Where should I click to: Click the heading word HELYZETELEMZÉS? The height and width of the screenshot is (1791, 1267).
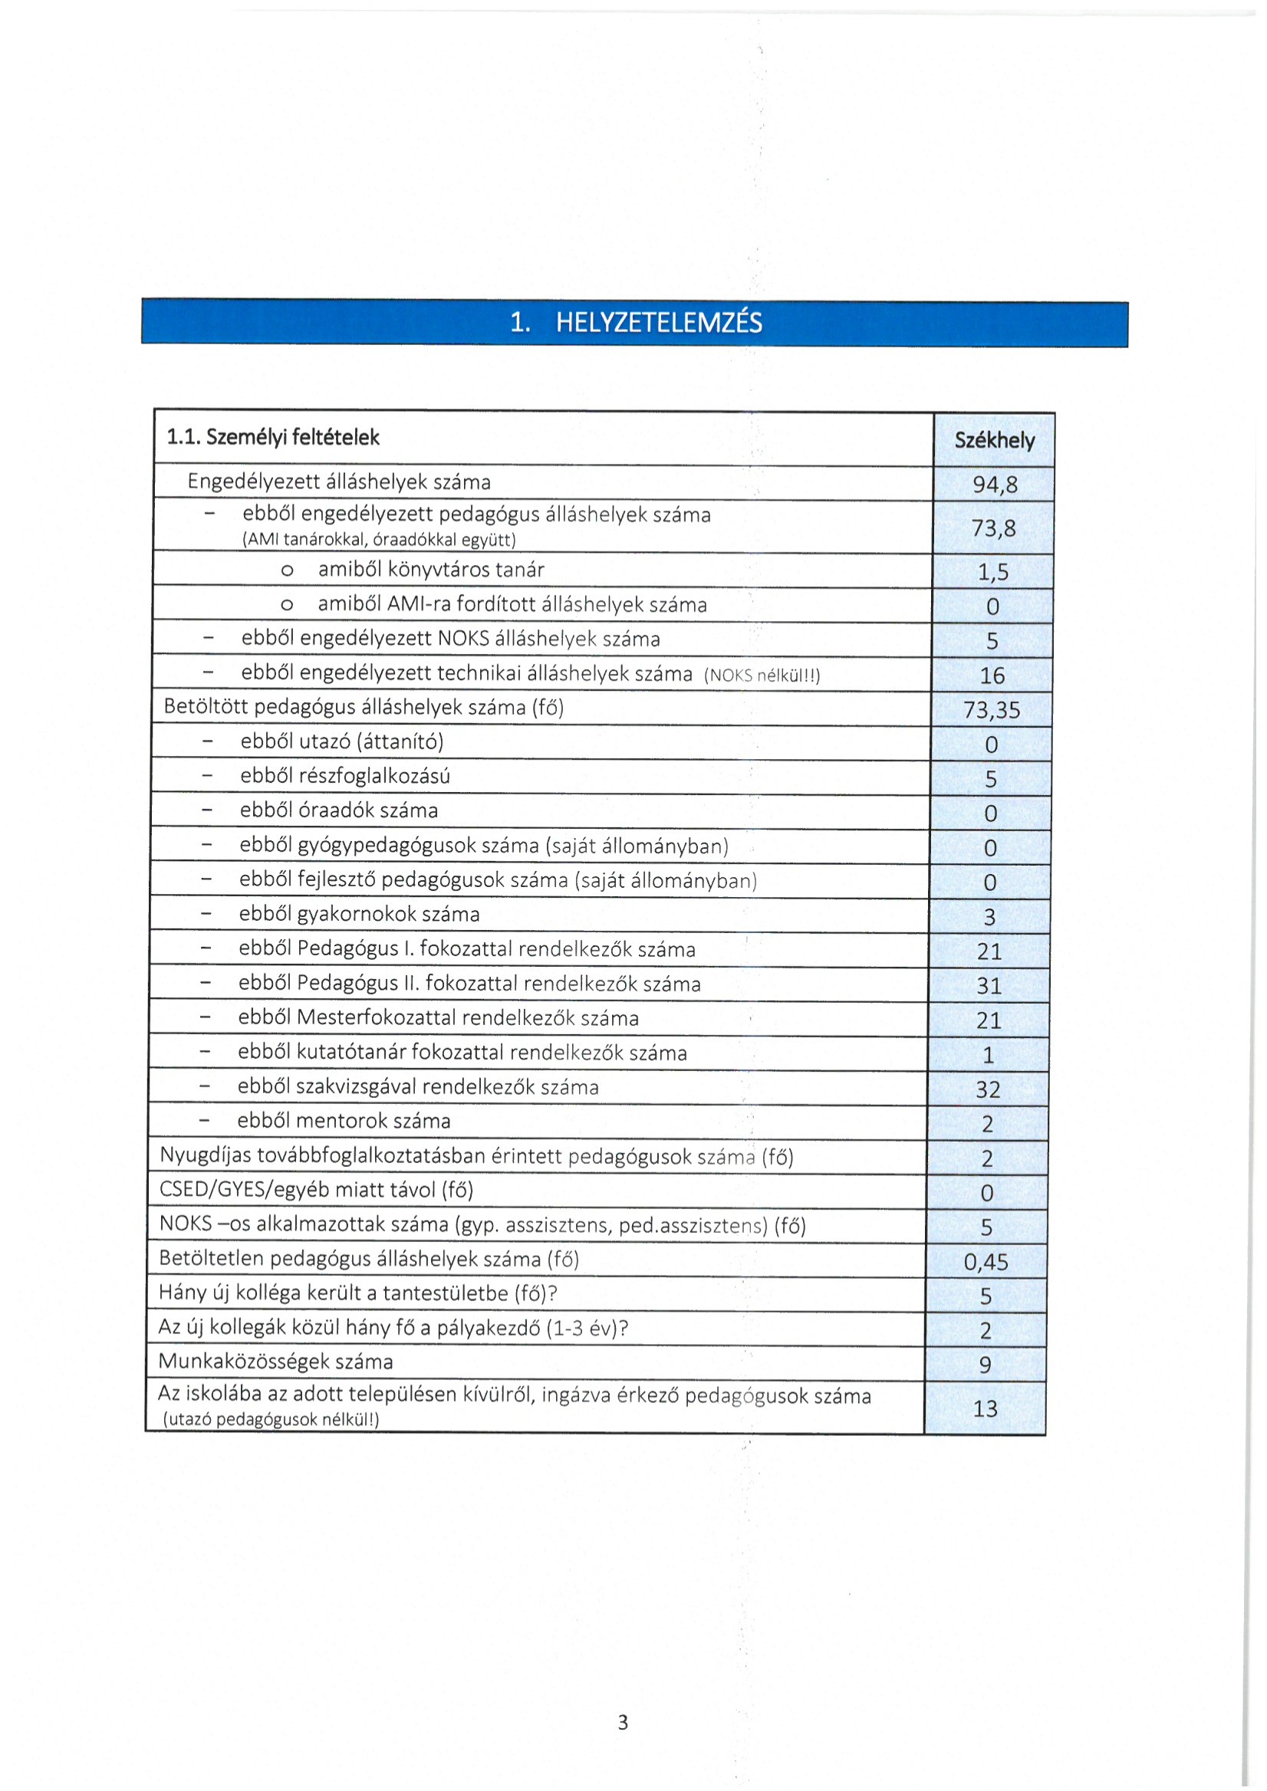[659, 322]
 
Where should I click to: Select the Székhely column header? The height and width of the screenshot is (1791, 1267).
[994, 440]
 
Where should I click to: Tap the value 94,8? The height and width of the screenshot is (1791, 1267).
[995, 485]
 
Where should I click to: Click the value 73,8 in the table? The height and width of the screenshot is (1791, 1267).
[993, 528]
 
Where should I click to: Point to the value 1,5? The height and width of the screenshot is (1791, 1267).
[993, 572]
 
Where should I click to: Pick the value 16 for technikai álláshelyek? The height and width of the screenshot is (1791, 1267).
[992, 675]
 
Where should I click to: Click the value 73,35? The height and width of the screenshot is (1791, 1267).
[992, 710]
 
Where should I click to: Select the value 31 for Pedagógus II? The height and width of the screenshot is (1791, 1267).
[989, 986]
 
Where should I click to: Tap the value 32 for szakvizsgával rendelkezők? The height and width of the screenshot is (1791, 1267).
[988, 1089]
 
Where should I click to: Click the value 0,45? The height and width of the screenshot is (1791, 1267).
[986, 1262]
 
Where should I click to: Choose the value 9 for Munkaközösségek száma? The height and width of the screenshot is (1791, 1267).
[986, 1365]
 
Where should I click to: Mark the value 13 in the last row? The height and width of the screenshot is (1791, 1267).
[986, 1408]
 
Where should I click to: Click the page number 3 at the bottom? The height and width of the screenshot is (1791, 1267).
[623, 1722]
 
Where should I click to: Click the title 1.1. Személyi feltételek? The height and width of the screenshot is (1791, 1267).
[273, 438]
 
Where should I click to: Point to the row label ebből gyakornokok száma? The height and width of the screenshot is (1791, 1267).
[359, 914]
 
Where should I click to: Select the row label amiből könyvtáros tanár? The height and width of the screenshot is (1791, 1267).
[431, 570]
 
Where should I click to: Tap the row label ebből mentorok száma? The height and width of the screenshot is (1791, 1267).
[344, 1121]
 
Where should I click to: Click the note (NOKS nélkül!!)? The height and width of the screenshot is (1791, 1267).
[762, 675]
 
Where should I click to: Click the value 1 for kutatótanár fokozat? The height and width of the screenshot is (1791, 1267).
[988, 1056]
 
